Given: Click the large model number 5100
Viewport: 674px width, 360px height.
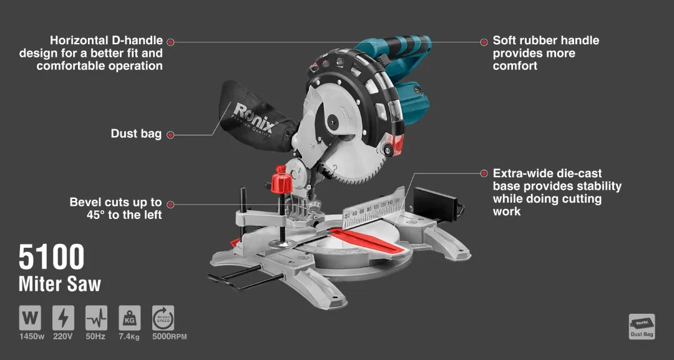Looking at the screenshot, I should [x=51, y=256].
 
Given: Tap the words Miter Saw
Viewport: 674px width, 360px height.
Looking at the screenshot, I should [x=60, y=284].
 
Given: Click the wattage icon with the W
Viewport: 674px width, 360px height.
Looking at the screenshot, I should [x=30, y=318].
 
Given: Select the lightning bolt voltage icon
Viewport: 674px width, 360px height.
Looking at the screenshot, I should [x=63, y=318].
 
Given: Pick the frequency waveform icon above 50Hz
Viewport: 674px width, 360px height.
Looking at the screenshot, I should [x=96, y=318].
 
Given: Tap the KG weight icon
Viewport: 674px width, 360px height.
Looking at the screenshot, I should [x=129, y=318].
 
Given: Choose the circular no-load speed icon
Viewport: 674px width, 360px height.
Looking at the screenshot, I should [x=163, y=318].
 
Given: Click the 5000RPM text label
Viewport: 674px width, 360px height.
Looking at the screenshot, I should [x=169, y=337].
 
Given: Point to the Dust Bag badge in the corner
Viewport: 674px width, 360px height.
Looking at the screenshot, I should [x=642, y=326].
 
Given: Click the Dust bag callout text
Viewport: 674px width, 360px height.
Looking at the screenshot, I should [x=136, y=134].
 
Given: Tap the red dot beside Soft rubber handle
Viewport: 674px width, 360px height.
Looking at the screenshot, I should [x=484, y=42].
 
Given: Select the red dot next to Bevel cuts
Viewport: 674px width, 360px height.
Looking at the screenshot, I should [x=170, y=204].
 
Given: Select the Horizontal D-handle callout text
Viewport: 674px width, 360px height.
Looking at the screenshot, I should [x=91, y=53].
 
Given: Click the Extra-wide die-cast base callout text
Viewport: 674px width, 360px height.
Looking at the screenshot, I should [x=557, y=192].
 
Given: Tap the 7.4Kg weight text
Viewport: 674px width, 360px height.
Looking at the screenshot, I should [x=129, y=337].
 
